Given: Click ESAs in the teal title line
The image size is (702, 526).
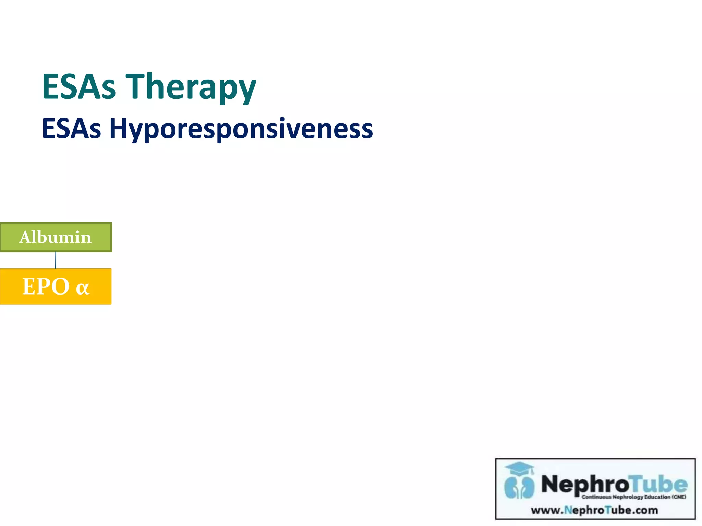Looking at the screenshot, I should tap(78, 86).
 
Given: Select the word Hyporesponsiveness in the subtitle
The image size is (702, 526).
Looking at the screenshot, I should tap(241, 129).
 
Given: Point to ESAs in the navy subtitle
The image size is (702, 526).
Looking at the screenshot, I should tap(71, 129).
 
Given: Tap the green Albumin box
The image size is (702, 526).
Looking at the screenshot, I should tap(56, 237).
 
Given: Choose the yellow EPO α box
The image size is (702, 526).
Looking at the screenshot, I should tap(56, 286).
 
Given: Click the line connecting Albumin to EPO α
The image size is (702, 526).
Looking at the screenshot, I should tap(56, 260).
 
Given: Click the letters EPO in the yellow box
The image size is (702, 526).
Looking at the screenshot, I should tap(46, 286).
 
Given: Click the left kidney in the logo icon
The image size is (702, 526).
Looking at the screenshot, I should tap(512, 487).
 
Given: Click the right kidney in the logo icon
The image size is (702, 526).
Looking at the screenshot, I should tap(527, 487).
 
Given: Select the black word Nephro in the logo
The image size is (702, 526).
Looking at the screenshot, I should tap(585, 484).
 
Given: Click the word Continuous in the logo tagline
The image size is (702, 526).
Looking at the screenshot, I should tap(596, 497).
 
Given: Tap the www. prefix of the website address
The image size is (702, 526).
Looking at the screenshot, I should tap(547, 510).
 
